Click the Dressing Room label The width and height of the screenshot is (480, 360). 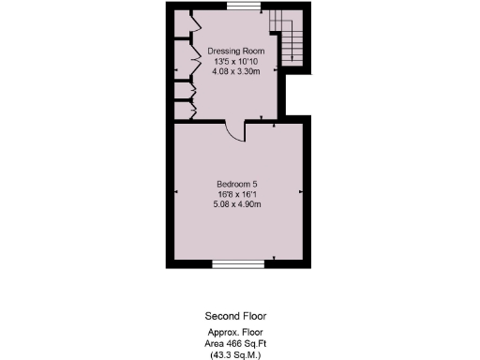click(236, 51)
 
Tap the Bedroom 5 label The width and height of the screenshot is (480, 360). click(238, 182)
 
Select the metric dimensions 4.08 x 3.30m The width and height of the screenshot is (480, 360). click(236, 70)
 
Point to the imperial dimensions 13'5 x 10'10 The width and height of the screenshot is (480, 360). click(236, 61)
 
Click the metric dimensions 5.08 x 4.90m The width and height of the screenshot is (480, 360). click(238, 202)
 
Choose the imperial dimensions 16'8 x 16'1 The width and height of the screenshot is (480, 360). click(238, 192)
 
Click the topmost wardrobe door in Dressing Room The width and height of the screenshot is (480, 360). click(193, 23)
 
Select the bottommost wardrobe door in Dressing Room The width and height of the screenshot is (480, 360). click(193, 110)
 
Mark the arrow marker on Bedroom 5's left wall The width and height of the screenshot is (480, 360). click(177, 191)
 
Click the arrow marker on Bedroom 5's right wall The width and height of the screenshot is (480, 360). click(301, 191)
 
